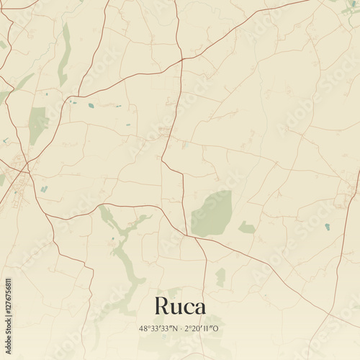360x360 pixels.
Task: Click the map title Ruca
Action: [180, 306]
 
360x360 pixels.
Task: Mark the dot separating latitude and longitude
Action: [180, 329]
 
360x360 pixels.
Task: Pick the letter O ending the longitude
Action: [217, 329]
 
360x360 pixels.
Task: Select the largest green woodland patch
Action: [212, 214]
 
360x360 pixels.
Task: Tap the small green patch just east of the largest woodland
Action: [247, 228]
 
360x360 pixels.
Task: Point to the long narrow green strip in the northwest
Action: [66, 54]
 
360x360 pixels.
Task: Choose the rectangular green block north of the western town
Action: [37, 124]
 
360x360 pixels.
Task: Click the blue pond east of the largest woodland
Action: [327, 226]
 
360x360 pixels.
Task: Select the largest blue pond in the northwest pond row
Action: [91, 106]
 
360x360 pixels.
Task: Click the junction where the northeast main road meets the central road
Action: [181, 60]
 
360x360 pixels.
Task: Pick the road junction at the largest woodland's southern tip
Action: [189, 235]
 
